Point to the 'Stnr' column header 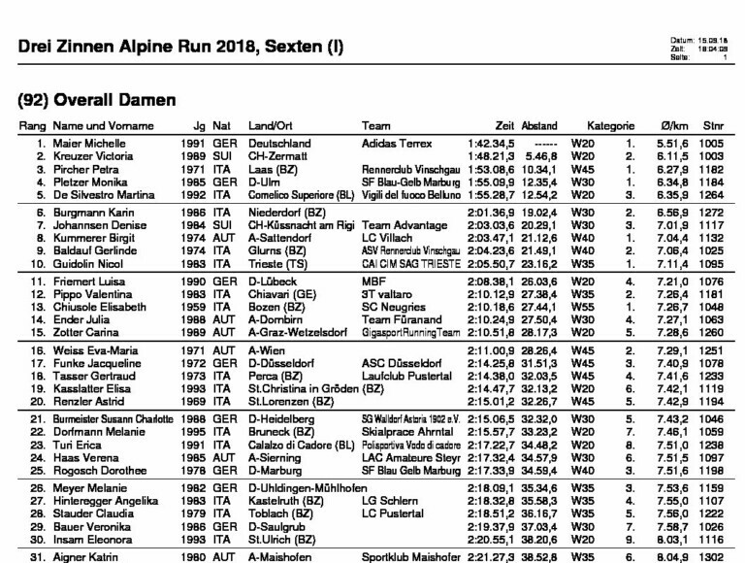[713, 126]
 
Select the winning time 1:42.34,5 [490, 143]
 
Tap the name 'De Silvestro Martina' [105, 194]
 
